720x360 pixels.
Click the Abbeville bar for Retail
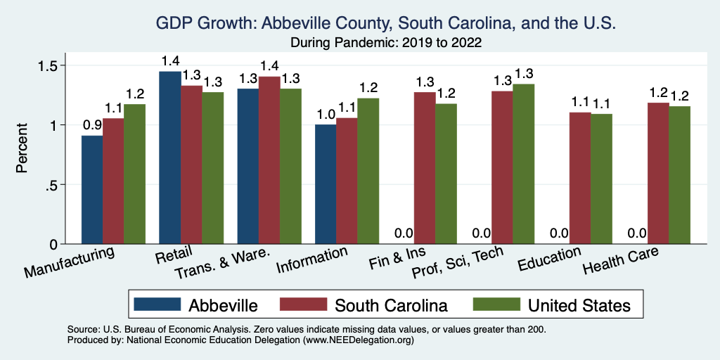[170, 157]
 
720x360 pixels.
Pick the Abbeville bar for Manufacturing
[92, 190]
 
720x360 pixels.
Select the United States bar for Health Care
[679, 175]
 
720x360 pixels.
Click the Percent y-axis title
[23, 149]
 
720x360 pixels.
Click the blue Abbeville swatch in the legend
[156, 304]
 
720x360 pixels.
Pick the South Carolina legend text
[391, 305]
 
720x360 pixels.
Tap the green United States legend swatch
[496, 304]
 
